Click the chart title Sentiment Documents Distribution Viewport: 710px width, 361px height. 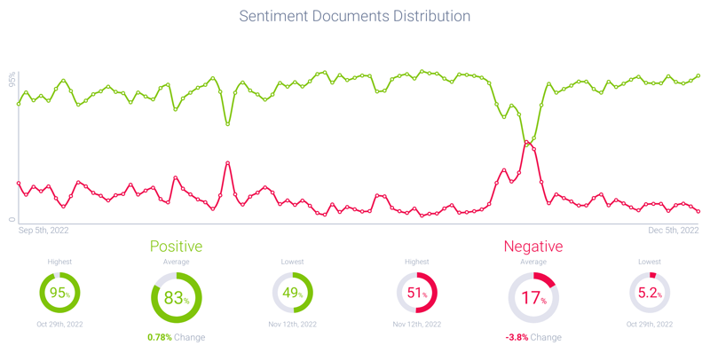tap(355, 16)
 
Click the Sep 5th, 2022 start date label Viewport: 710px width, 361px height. tap(44, 230)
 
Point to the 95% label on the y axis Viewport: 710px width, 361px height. tap(12, 80)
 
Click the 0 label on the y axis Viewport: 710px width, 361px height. tap(12, 219)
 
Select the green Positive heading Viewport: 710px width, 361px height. tap(176, 247)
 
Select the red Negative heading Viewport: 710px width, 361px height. tap(532, 247)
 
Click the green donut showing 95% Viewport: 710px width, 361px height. tap(59, 293)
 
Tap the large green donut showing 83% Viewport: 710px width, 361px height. tap(176, 298)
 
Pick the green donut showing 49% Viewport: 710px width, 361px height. tap(292, 293)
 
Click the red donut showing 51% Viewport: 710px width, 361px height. tap(416, 293)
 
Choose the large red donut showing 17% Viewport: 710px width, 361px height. tap(532, 298)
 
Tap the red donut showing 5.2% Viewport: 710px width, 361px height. tap(650, 293)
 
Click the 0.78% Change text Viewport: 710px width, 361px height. tap(176, 337)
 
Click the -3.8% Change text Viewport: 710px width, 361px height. tap(532, 337)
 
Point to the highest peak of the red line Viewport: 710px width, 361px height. tap(526, 142)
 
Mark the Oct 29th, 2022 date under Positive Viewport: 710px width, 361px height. tap(59, 325)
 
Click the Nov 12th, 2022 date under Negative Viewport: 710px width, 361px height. tap(416, 325)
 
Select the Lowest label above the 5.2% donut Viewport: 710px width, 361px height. tap(650, 262)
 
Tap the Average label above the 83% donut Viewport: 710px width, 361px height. tap(176, 263)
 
